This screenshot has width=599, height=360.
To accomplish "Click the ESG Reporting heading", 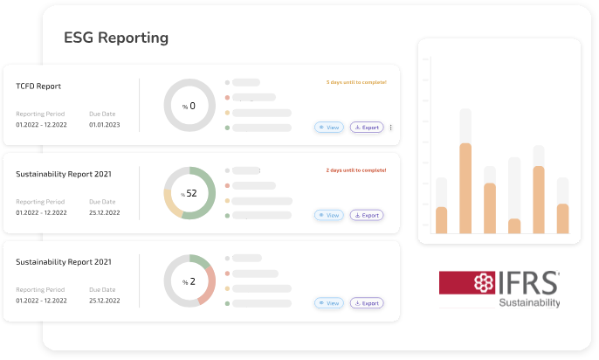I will coord(116,38).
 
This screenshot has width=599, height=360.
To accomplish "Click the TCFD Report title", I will coord(38,87).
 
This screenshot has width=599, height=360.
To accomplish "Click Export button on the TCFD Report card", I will coord(367,128).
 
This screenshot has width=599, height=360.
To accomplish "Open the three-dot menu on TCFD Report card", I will coord(390,128).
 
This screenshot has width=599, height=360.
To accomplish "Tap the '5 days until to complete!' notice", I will coord(356,82).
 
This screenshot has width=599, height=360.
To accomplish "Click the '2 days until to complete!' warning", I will coord(356,170).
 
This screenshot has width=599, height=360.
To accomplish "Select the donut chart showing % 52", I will coord(189,192).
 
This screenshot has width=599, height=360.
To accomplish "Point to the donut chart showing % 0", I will coord(189,106).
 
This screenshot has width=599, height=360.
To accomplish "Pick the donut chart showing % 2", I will coord(189,280).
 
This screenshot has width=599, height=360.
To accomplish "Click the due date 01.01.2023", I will coord(105,125).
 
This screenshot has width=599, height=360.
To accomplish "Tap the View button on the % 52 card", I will coord(329,215).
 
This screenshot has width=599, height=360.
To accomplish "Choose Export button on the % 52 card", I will coord(367,215).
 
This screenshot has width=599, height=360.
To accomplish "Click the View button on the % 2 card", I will coord(329,303).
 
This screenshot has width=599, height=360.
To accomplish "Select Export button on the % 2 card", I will coord(367,303).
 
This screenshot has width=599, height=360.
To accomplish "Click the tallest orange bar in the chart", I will coord(465,188).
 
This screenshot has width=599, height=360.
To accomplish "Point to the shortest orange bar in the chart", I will coord(514,225).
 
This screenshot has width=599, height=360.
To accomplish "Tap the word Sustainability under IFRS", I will coord(529,303).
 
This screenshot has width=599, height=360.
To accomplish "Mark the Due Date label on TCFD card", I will coord(101,114).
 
